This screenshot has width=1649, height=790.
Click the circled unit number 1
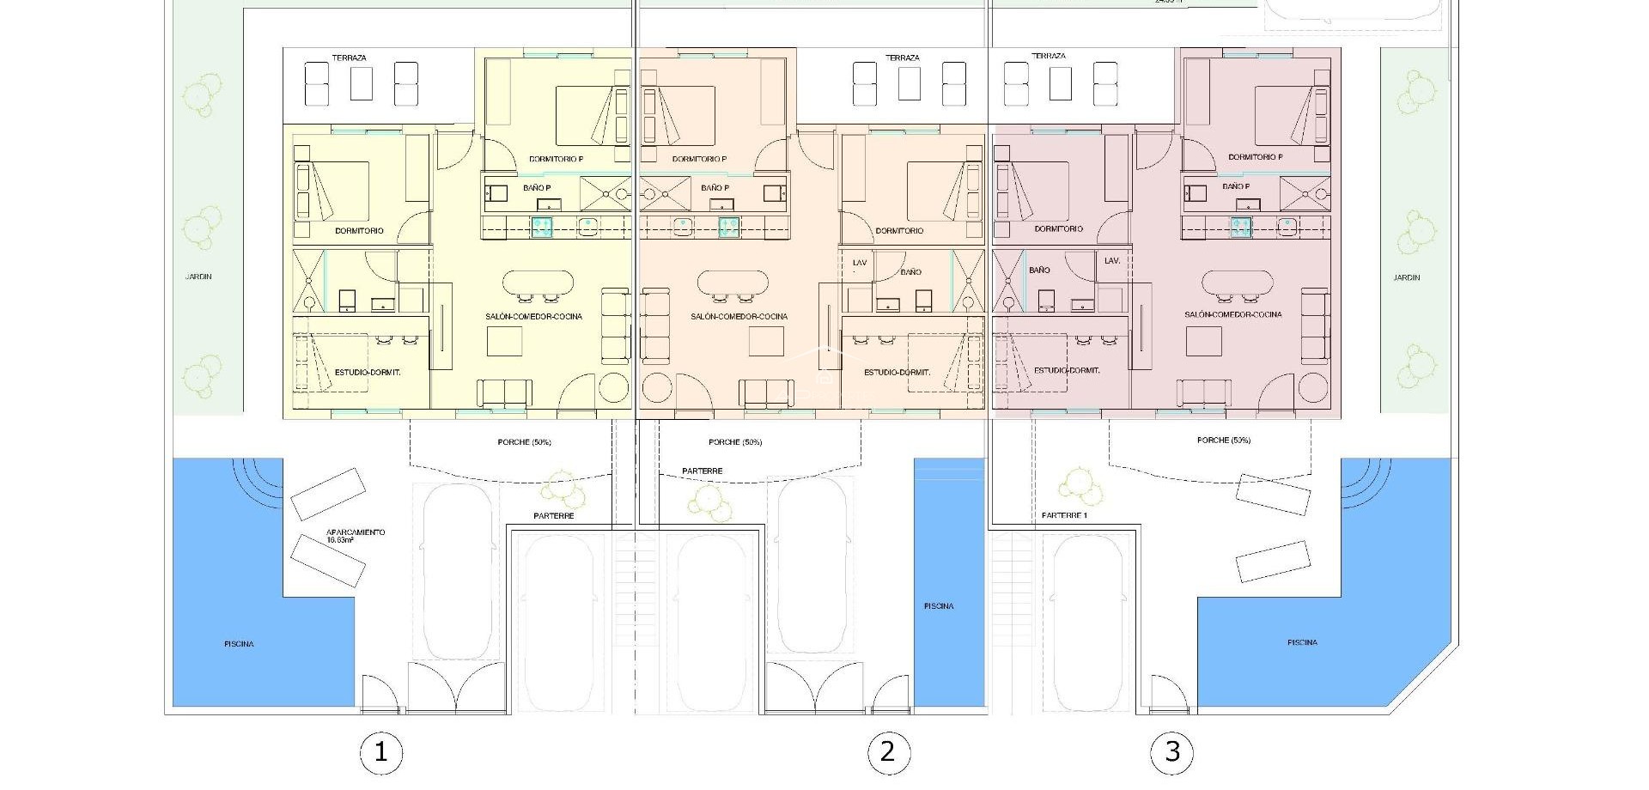pyautogui.click(x=380, y=753)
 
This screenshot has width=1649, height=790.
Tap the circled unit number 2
pyautogui.click(x=888, y=752)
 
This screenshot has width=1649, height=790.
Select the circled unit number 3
pyautogui.click(x=1172, y=752)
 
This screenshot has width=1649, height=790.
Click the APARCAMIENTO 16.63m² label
pyautogui.click(x=355, y=535)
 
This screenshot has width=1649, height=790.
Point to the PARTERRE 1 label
pyautogui.click(x=1064, y=515)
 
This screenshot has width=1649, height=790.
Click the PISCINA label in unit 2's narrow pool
pyautogui.click(x=939, y=606)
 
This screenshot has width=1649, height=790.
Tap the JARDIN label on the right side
pyautogui.click(x=1406, y=277)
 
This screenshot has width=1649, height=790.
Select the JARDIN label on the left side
pyautogui.click(x=198, y=276)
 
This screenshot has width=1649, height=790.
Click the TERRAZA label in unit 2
pyautogui.click(x=902, y=58)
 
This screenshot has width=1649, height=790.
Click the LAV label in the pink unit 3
pyautogui.click(x=1111, y=260)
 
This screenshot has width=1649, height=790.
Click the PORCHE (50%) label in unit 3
pyautogui.click(x=1223, y=440)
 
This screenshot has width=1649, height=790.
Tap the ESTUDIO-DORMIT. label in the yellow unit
pyautogui.click(x=368, y=372)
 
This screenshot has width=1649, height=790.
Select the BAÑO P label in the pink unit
pyautogui.click(x=1236, y=185)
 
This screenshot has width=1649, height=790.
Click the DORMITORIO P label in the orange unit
pyautogui.click(x=699, y=159)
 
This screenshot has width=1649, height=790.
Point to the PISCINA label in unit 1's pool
pyautogui.click(x=239, y=643)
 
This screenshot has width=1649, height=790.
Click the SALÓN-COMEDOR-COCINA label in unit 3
pyautogui.click(x=1232, y=314)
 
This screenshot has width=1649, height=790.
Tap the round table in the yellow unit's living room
pyautogui.click(x=613, y=387)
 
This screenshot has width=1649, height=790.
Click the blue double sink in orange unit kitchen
pyautogui.click(x=728, y=226)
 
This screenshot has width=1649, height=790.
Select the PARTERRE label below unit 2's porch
pyautogui.click(x=702, y=471)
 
